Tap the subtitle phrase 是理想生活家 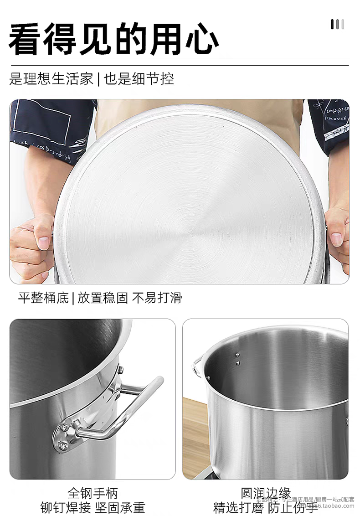coord(51,78)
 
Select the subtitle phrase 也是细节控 coord(139,78)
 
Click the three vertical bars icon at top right coord(337,24)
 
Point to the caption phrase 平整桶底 coord(43,298)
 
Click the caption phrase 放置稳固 coord(103,298)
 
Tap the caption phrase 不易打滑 coord(157,298)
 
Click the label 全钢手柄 coord(93,493)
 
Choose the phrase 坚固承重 coord(120,507)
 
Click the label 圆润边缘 coord(266,493)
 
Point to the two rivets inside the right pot coord(237,358)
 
